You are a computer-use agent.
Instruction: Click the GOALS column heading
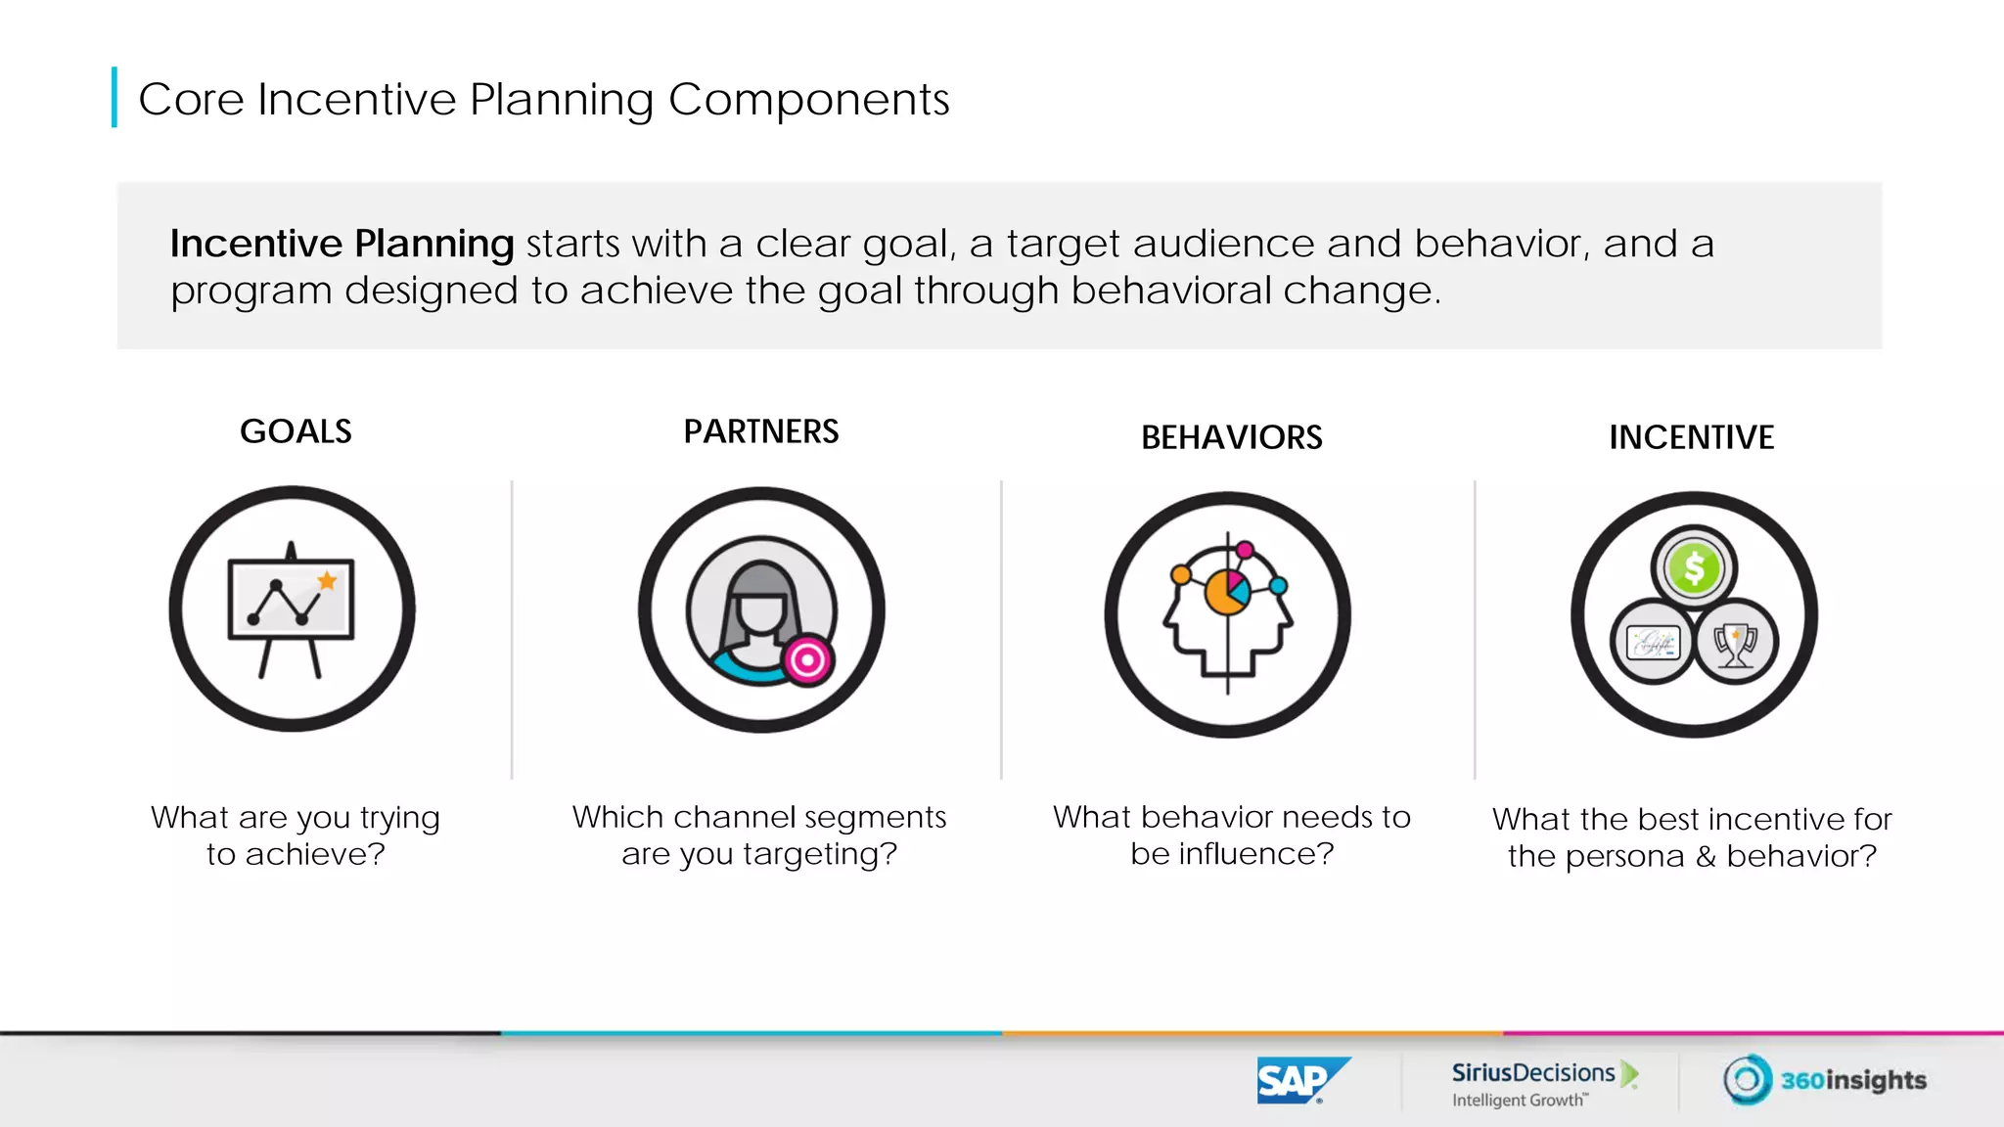point(296,431)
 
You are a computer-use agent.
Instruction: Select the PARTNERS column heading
point(760,431)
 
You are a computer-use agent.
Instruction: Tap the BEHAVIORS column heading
point(1231,437)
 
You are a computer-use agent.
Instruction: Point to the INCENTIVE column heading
point(1691,437)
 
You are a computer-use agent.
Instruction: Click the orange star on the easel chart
point(327,581)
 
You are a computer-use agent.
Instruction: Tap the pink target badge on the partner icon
point(807,661)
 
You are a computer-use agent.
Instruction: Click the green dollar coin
point(1694,568)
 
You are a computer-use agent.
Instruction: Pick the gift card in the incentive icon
point(1653,644)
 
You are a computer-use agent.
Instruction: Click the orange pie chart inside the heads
point(1223,593)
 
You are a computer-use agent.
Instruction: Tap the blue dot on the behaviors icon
point(1278,586)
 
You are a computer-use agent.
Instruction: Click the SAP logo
point(1301,1080)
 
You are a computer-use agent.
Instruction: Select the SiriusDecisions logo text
point(1532,1073)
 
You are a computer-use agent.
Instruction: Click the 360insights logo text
point(1852,1080)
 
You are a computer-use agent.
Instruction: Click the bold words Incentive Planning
point(342,244)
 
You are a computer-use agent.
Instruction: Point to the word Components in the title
point(808,100)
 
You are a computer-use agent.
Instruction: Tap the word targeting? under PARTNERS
point(819,854)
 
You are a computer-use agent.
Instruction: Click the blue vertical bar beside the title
point(114,97)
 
